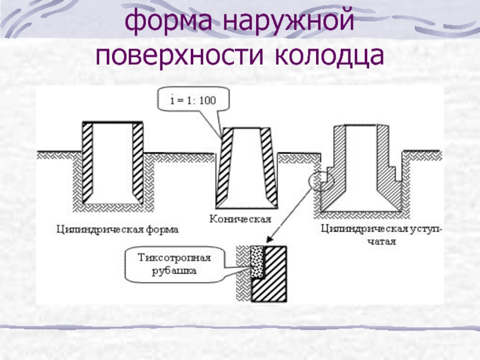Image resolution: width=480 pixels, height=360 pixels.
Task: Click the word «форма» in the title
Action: [169, 21]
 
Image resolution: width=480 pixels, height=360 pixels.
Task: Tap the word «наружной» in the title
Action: [288, 21]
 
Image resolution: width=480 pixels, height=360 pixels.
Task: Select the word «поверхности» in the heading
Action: [179, 55]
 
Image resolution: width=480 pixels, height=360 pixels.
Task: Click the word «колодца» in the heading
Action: [329, 56]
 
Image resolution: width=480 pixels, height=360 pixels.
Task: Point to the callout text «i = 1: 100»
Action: [193, 100]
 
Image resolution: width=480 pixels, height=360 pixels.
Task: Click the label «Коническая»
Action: [241, 219]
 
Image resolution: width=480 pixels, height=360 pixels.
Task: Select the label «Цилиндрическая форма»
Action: [118, 230]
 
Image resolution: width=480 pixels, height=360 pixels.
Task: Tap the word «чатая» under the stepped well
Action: [382, 242]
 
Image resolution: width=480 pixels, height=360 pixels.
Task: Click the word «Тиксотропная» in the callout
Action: [174, 258]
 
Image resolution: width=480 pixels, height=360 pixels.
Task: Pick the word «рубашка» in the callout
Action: [174, 271]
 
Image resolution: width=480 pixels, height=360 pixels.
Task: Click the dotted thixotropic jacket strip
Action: [257, 262]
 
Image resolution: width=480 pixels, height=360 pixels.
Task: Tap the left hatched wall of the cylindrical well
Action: [88, 163]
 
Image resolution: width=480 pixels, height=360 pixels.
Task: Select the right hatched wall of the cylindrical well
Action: [138, 163]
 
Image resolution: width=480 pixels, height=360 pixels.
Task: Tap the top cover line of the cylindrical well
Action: [113, 122]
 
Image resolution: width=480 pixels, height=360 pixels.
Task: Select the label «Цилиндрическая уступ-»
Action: [382, 229]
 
